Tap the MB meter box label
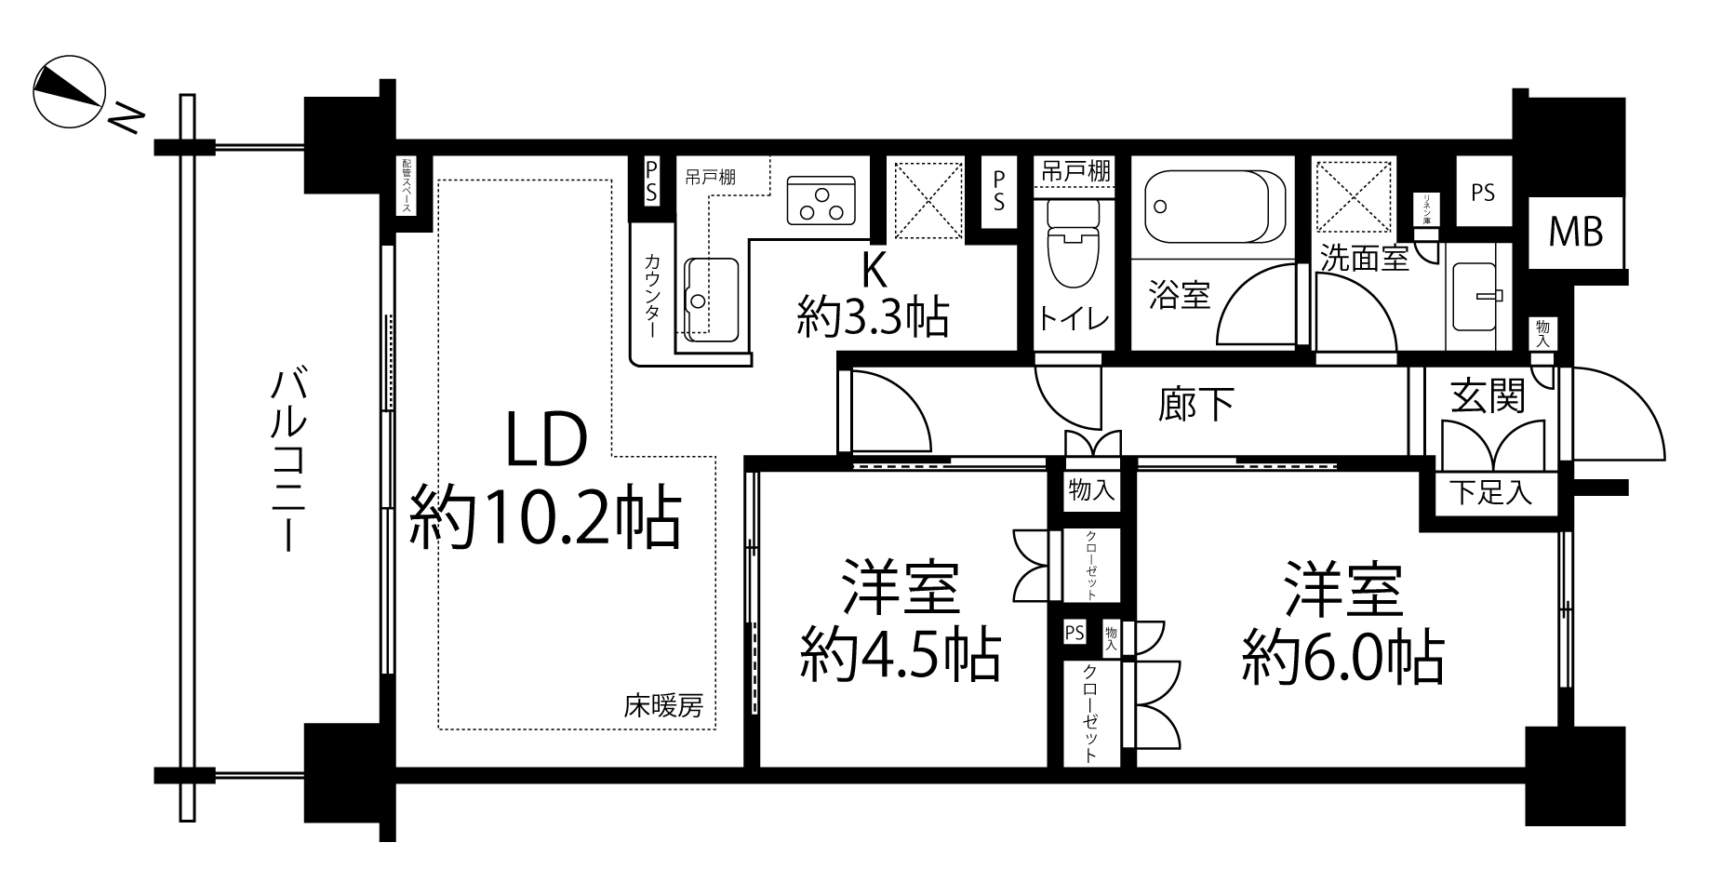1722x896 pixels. [x=1575, y=232]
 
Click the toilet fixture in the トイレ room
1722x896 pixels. [x=1073, y=246]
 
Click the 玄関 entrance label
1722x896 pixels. [x=1488, y=397]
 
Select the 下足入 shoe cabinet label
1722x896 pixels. [x=1490, y=492]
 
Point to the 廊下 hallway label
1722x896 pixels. [x=1196, y=404]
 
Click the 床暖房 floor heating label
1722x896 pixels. [x=662, y=707]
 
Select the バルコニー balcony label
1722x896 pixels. [x=287, y=460]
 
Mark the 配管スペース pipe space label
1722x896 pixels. [x=407, y=186]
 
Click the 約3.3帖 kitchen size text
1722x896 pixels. [x=872, y=317]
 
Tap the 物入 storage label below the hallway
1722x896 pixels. [x=1091, y=489]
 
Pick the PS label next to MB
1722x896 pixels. [x=1483, y=193]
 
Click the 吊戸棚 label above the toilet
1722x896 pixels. [x=1075, y=170]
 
